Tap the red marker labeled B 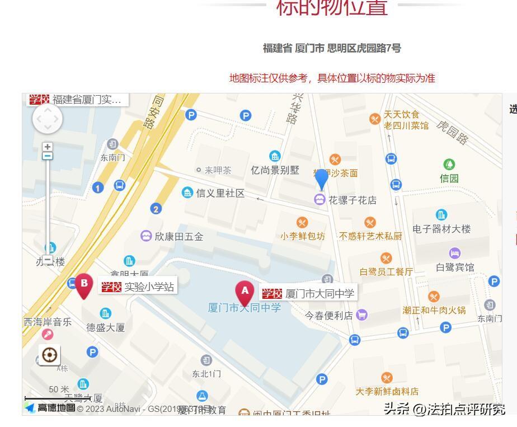[x=84, y=285]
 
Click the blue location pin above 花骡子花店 [x=321, y=179]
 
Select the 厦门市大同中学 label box [x=308, y=293]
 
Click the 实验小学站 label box [x=137, y=287]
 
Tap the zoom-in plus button [x=48, y=147]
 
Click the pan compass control [x=48, y=119]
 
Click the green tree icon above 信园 [x=449, y=165]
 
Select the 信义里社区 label [x=220, y=193]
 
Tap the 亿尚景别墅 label [x=275, y=170]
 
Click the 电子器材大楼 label [x=441, y=228]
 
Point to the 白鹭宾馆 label [x=455, y=267]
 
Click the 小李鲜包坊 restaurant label [x=303, y=236]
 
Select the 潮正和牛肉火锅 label [x=434, y=310]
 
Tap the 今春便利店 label [x=329, y=315]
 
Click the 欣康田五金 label [x=178, y=236]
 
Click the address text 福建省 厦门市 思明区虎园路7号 [x=332, y=48]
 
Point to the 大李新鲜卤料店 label [x=387, y=391]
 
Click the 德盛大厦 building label [x=105, y=327]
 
